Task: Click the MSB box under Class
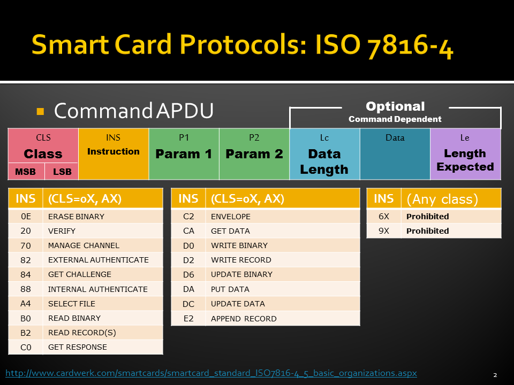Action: [26, 171]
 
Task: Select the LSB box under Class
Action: [62, 171]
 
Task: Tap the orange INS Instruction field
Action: [114, 154]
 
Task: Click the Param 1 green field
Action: [184, 154]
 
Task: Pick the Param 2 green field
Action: [254, 154]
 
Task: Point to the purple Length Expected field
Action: [465, 154]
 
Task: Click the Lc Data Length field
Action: [324, 154]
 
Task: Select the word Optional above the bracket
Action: [395, 106]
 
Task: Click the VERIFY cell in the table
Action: [103, 231]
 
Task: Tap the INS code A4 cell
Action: [26, 304]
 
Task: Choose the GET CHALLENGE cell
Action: [103, 274]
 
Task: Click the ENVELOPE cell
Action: [283, 217]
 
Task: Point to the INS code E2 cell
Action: [188, 318]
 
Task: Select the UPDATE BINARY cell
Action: [283, 274]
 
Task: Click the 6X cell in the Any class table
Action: [384, 217]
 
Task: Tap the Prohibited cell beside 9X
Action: [451, 231]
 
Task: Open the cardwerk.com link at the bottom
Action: [211, 373]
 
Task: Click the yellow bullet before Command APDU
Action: [40, 111]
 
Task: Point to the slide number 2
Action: [495, 375]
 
